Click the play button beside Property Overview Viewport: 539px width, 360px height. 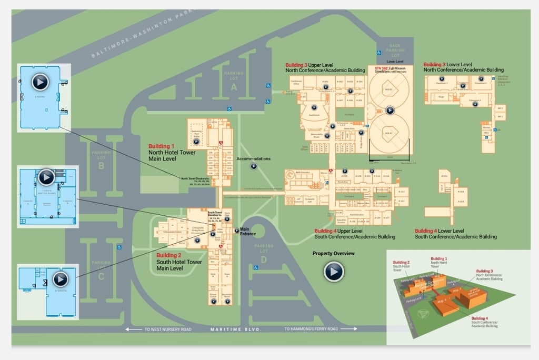click(334, 272)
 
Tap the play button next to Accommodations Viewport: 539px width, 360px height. click(253, 166)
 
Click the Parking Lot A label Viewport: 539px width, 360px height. click(234, 81)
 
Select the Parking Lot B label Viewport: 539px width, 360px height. click(102, 159)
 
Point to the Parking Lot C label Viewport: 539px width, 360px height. click(102, 268)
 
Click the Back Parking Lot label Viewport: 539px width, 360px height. click(395, 51)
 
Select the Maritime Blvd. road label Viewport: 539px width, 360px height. click(236, 329)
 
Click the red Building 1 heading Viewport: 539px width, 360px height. click(161, 146)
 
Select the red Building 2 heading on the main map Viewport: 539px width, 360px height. click(169, 255)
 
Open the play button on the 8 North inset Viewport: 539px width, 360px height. click(40, 82)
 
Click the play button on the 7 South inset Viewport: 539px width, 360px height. click(46, 177)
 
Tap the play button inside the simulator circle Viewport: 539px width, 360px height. click(390, 110)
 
